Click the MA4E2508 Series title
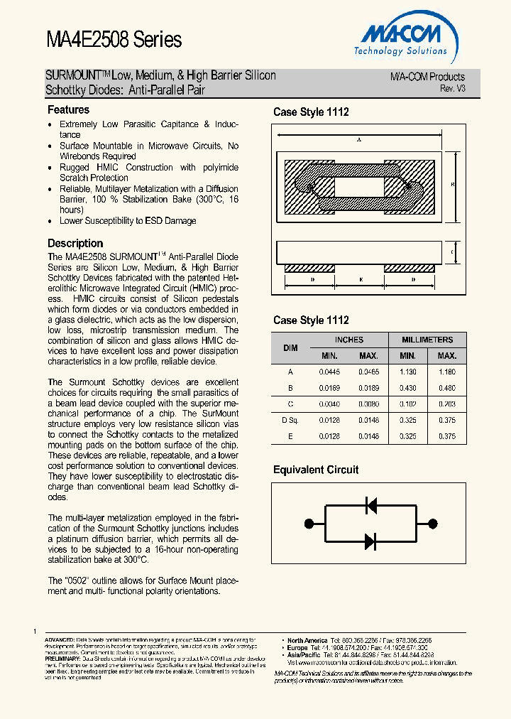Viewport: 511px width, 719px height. point(114,40)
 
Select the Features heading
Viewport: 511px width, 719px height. point(68,110)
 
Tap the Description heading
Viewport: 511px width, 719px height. point(75,244)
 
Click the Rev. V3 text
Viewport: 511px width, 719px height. point(452,88)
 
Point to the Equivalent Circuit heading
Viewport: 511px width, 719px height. point(316,470)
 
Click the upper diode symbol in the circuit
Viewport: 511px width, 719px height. point(370,505)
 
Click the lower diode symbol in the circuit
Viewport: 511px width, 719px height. point(370,541)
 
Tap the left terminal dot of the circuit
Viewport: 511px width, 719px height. point(307,523)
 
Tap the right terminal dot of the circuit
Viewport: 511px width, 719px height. point(432,523)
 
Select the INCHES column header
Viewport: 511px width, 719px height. point(348,340)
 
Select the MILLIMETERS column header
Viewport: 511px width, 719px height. point(427,340)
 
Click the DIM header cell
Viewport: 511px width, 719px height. point(290,348)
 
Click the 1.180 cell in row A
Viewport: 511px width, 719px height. point(446,372)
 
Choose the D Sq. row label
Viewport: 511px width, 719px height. point(290,421)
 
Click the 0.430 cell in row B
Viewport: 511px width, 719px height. point(407,388)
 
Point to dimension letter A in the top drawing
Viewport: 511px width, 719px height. point(360,140)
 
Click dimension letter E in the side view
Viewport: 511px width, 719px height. point(361,280)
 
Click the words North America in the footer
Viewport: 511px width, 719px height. point(307,640)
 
